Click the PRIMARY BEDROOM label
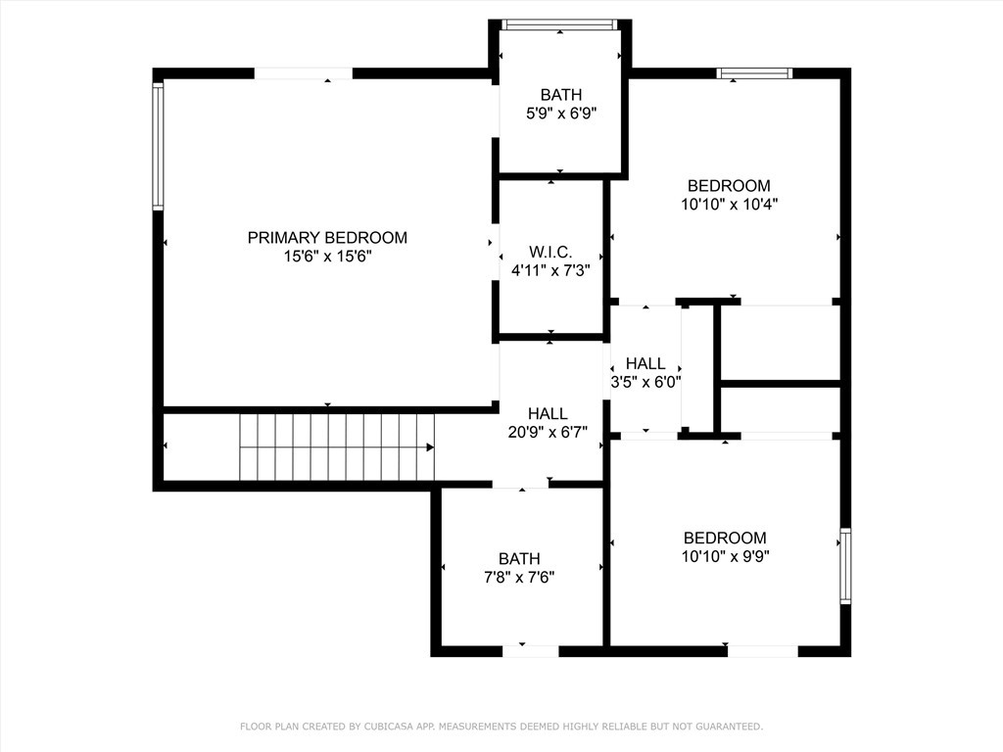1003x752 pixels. coord(327,237)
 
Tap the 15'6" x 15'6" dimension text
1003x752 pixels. coord(327,256)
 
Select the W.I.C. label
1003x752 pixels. coord(549,252)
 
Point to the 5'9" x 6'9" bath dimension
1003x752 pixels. coord(561,113)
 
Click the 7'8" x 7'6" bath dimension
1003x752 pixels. coord(519,577)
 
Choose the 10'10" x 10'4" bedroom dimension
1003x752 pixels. coord(728,205)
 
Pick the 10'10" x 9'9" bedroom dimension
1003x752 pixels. coord(725,556)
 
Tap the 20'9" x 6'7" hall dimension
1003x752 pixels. coord(548,432)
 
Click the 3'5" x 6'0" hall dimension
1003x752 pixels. coord(645,382)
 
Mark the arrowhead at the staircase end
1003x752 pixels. coord(430,447)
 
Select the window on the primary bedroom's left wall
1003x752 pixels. coord(158,146)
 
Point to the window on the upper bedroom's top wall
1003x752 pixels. coord(754,72)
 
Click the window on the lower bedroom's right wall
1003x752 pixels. coord(845,566)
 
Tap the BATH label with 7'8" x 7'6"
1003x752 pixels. coord(519,558)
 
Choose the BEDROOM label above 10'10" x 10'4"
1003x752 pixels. coord(728,186)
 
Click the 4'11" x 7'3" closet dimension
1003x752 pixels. coord(549,270)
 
